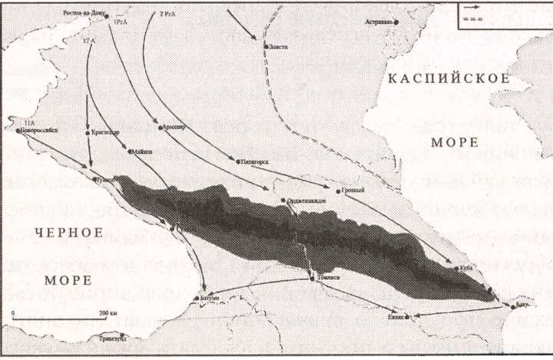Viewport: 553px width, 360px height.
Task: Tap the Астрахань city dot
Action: pos(397,21)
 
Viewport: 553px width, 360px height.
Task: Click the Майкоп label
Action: pos(143,151)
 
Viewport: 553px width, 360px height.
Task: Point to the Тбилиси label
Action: pos(323,279)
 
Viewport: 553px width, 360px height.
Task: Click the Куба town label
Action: pos(466,268)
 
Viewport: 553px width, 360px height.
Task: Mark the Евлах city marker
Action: pos(408,316)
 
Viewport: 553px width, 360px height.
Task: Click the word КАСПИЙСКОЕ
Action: pos(449,78)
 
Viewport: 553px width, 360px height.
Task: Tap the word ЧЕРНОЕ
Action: pos(69,231)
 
